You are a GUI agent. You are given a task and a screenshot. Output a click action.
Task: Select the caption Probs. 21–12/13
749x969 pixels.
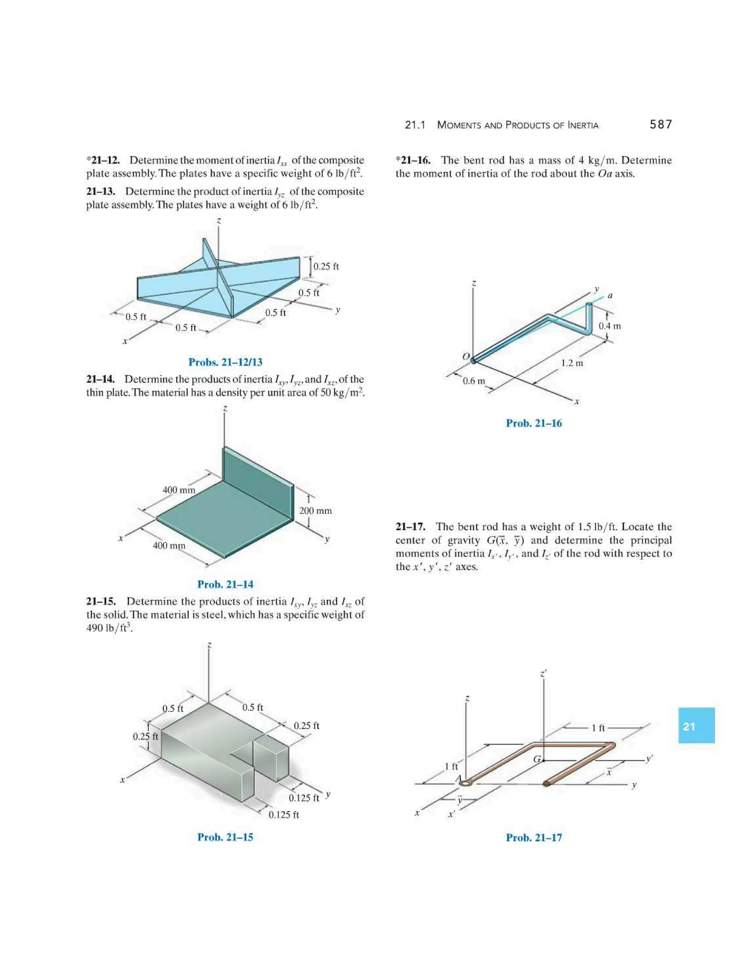[x=225, y=362]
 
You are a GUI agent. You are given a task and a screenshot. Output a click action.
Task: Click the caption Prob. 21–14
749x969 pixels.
[x=225, y=584]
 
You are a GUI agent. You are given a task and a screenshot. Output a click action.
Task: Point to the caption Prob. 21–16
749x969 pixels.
[x=534, y=423]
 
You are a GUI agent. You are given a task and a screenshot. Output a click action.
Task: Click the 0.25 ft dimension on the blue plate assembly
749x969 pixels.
[x=326, y=267]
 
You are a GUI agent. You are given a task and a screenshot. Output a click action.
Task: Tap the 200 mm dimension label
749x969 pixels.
[x=316, y=511]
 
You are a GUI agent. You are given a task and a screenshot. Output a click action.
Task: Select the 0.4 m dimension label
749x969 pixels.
[x=610, y=326]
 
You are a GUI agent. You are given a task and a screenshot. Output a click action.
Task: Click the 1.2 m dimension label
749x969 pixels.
[x=572, y=363]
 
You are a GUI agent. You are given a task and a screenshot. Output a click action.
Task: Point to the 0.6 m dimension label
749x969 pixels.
[x=474, y=381]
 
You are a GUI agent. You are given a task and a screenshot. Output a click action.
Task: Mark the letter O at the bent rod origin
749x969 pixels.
[x=466, y=356]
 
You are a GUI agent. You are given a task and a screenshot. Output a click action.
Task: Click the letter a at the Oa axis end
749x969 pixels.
[x=610, y=295]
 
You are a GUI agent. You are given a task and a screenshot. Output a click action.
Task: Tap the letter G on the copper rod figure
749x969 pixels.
[x=537, y=759]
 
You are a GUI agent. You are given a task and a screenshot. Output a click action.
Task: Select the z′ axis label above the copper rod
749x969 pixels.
[x=543, y=673]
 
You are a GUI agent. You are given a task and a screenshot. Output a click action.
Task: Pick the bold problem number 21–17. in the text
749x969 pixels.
[x=410, y=527]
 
